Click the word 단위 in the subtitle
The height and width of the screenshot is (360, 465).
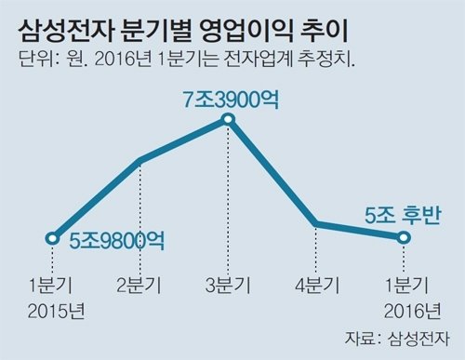pyautogui.click(x=33, y=64)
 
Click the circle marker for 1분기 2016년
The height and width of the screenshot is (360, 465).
pyautogui.click(x=404, y=238)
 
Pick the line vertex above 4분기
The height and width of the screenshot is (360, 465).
pyautogui.click(x=316, y=224)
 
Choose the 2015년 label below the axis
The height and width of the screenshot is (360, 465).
pyautogui.click(x=53, y=309)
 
